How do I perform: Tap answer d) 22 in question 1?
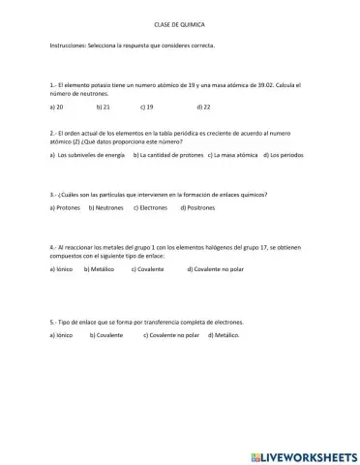(203, 107)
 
